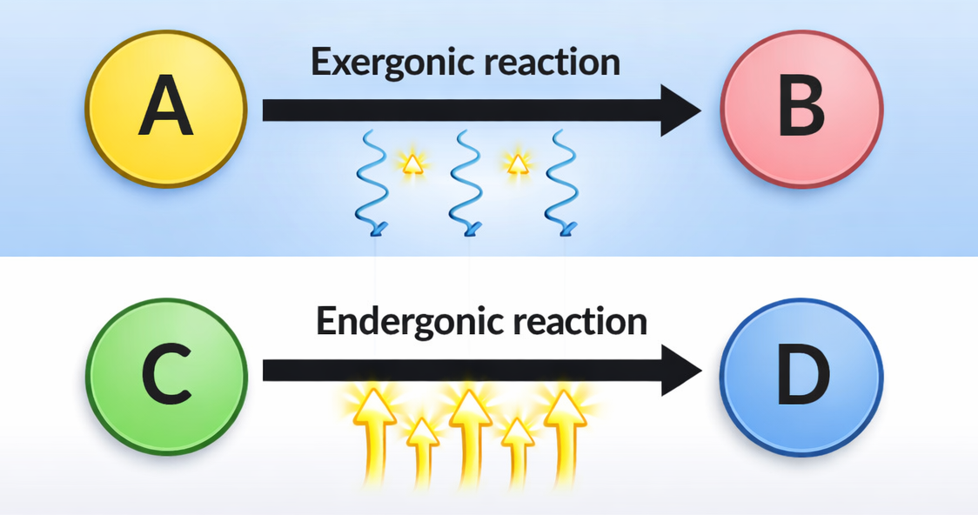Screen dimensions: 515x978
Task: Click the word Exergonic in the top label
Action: pyautogui.click(x=385, y=63)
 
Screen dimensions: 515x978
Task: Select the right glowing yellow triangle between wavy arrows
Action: pyautogui.click(x=517, y=163)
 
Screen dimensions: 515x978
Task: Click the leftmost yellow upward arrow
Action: pyautogui.click(x=373, y=435)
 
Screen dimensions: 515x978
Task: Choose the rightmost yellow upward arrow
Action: pyautogui.click(x=564, y=435)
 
